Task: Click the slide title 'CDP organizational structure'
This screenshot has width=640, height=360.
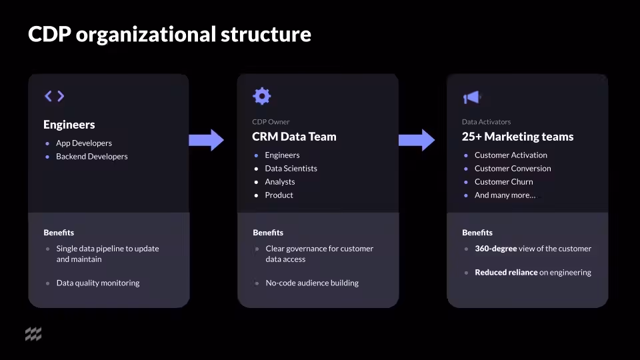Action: [x=169, y=34]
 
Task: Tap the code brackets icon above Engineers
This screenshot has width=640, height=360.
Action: [x=54, y=96]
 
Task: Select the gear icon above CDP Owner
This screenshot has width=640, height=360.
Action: [x=262, y=96]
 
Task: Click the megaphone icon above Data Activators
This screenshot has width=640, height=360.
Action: [x=471, y=97]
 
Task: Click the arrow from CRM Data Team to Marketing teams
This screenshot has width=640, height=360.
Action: [x=417, y=140]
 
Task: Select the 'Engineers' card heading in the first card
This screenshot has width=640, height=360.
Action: [x=69, y=125]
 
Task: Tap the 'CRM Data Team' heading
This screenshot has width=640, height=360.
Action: [x=294, y=137]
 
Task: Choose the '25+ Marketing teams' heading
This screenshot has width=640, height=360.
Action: [x=517, y=137]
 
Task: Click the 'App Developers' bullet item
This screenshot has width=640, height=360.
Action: [x=84, y=143]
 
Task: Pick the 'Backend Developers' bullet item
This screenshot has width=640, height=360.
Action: [x=91, y=157]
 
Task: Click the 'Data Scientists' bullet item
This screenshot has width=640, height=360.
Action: [x=291, y=169]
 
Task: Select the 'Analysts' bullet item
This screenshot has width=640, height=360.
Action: [x=279, y=182]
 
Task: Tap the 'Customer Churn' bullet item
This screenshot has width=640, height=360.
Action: [x=503, y=182]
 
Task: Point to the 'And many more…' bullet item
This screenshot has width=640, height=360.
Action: [x=505, y=195]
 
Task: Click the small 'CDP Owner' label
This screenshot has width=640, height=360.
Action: [x=271, y=122]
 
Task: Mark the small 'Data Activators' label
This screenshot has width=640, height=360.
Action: [x=486, y=122]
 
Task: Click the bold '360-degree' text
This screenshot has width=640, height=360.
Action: [x=495, y=249]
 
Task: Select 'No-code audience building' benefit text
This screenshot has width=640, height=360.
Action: [x=312, y=283]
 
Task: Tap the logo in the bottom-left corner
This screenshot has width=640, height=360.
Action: [x=33, y=334]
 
